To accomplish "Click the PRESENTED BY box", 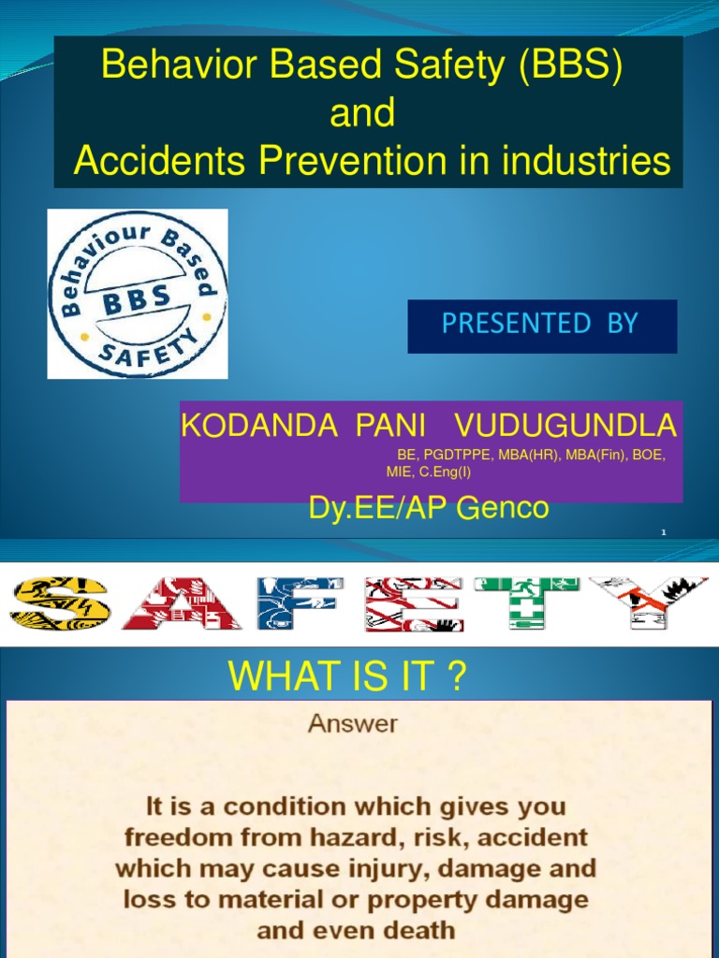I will click(x=541, y=325).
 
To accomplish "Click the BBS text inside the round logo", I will click(x=137, y=298).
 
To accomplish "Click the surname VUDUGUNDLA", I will click(x=565, y=427).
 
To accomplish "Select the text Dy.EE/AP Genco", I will click(x=429, y=509).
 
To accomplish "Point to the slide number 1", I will click(x=663, y=532).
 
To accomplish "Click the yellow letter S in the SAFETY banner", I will click(x=59, y=602).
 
